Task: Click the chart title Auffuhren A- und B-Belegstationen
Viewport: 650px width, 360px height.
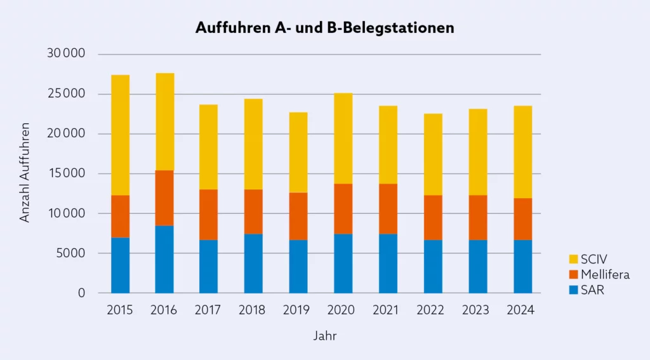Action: click(x=324, y=28)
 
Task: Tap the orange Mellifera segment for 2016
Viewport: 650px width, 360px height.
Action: click(x=164, y=197)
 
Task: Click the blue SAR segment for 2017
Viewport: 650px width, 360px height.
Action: click(x=209, y=266)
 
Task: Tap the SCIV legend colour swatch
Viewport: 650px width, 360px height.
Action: click(x=574, y=259)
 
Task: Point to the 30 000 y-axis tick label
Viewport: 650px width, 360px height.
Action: click(x=66, y=54)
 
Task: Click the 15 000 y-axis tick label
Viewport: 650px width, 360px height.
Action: click(x=66, y=173)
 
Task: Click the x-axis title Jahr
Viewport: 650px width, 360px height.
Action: click(x=324, y=336)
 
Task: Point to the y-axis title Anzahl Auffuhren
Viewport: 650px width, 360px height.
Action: click(x=25, y=173)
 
